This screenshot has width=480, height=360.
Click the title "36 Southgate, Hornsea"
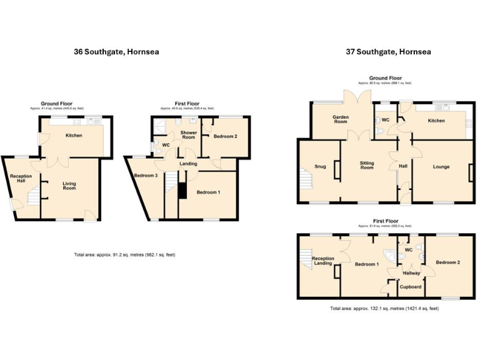click(116, 52)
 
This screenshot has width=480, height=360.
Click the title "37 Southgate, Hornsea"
click(388, 52)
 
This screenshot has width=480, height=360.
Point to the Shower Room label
click(189, 135)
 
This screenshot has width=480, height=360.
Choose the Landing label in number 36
click(188, 164)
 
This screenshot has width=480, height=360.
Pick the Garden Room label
click(340, 119)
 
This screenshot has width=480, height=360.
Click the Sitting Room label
click(367, 166)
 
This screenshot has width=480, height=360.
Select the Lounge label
click(442, 167)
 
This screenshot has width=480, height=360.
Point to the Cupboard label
click(411, 287)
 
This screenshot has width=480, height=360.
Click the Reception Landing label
click(322, 261)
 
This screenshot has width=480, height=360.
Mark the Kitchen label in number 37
click(436, 121)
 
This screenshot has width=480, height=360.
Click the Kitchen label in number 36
click(74, 135)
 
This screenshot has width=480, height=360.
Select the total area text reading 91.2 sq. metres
click(117, 255)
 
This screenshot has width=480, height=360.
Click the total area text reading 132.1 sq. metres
click(384, 309)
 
